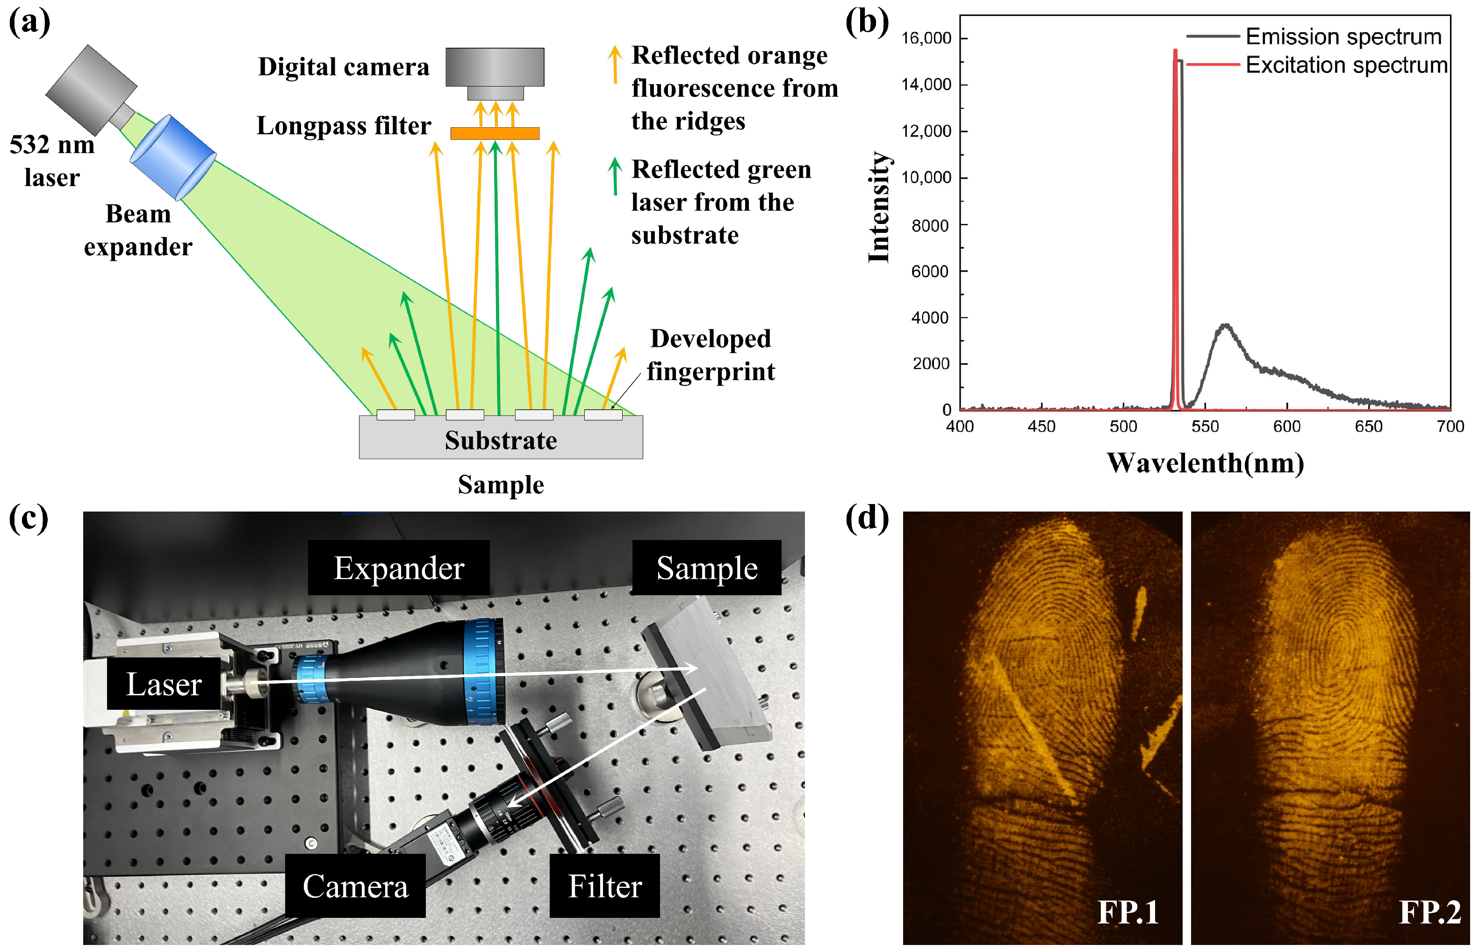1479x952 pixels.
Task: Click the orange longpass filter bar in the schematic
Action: [x=495, y=133]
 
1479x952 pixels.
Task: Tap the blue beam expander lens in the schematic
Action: [x=172, y=158]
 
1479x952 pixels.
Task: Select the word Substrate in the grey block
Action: [x=501, y=440]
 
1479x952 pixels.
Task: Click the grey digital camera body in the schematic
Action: [x=495, y=67]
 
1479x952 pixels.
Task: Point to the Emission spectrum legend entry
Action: [x=1343, y=36]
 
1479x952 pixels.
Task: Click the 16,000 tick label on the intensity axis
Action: [x=926, y=38]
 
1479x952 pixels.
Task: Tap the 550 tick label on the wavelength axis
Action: [x=1205, y=426]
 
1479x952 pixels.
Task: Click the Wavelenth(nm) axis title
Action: [x=1205, y=463]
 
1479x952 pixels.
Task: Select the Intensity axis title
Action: [x=879, y=207]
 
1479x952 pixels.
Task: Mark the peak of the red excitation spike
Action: [x=1175, y=50]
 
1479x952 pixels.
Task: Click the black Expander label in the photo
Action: [x=399, y=568]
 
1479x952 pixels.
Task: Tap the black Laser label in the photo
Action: [x=164, y=684]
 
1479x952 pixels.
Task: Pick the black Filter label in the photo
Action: [x=604, y=886]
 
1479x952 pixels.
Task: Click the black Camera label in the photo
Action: [x=355, y=886]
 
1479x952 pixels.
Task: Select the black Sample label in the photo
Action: [x=706, y=568]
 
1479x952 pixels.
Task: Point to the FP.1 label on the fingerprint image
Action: [x=1127, y=911]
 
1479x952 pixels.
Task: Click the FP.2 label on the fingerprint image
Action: [x=1429, y=911]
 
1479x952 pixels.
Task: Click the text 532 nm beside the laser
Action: [x=52, y=144]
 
